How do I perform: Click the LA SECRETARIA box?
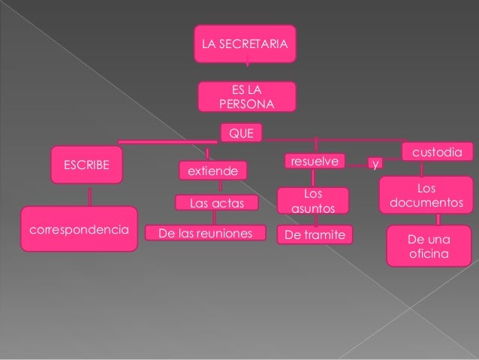pyautogui.click(x=245, y=44)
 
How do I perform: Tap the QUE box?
pyautogui.click(x=240, y=134)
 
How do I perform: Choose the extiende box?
pyautogui.click(x=212, y=172)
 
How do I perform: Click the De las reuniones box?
pyautogui.click(x=206, y=234)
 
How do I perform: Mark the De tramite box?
pyautogui.click(x=315, y=235)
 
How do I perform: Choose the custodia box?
pyautogui.click(x=438, y=152)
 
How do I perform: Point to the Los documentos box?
pyautogui.click(x=425, y=195)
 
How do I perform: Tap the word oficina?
pyautogui.click(x=425, y=255)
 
